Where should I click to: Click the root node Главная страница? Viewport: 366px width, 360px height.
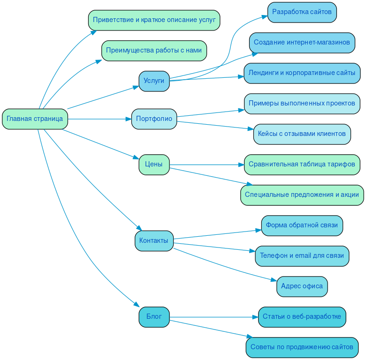point(35,119)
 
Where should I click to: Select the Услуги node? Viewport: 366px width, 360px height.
point(154,81)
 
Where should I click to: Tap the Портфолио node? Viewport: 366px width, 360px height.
point(154,119)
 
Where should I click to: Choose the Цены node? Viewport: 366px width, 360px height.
point(154,165)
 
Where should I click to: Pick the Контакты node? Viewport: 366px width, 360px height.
point(154,240)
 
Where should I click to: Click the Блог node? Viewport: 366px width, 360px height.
point(154,317)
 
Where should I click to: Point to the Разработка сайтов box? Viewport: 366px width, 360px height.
point(302,12)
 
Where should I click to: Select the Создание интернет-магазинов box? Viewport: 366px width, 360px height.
point(302,42)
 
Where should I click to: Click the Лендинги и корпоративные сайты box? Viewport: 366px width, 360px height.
point(302,73)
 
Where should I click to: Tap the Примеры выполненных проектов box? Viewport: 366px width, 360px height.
point(302,104)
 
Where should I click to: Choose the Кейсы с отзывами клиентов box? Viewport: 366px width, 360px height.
point(302,134)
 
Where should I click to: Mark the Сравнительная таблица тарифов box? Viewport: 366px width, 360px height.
point(302,165)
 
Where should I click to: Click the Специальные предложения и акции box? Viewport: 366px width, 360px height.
point(302,195)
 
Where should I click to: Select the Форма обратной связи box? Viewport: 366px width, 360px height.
point(302,225)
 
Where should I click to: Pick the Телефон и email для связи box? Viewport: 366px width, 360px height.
point(302,256)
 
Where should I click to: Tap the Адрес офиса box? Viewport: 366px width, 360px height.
point(302,286)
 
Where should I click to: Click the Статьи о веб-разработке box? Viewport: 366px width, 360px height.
point(302,317)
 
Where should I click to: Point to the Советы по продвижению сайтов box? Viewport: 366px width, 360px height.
point(302,347)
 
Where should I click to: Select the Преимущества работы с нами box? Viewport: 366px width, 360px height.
point(154,51)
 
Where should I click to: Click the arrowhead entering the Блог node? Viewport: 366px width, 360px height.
point(137,304)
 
